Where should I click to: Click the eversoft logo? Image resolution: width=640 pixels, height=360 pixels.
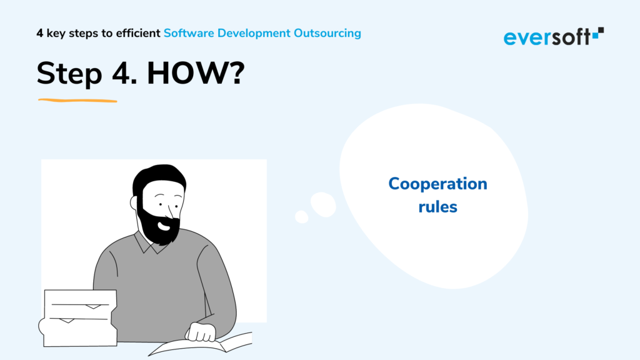[554, 36]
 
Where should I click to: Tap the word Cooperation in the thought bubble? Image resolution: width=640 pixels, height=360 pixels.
[437, 184]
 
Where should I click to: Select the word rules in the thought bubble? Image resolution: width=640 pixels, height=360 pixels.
[437, 206]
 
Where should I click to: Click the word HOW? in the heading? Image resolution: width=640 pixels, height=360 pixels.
[196, 73]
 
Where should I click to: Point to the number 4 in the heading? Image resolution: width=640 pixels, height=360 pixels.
[124, 73]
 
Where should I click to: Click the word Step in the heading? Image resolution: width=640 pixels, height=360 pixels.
[69, 74]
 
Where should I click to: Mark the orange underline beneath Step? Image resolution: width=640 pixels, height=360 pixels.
[77, 101]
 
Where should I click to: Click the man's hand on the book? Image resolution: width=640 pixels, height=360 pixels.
[201, 332]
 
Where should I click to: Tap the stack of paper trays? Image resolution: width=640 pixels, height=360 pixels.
[78, 318]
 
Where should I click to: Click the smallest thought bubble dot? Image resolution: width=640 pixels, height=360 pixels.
[302, 217]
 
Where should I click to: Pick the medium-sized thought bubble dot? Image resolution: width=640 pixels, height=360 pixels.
[323, 204]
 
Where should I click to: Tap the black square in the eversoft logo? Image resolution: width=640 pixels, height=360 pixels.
[601, 30]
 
